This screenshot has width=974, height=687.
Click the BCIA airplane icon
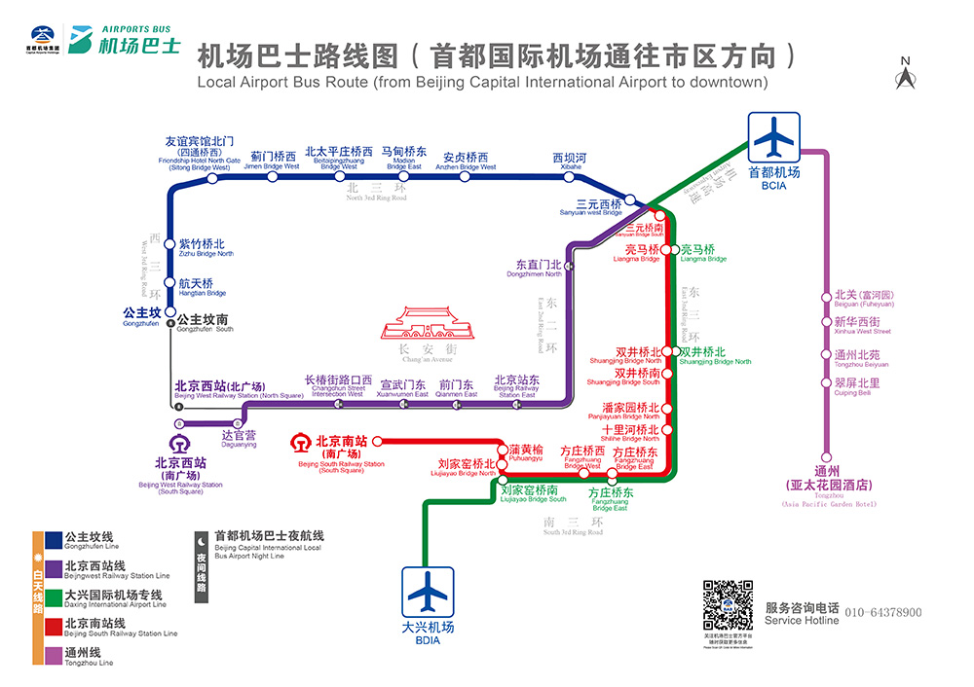pos(774,138)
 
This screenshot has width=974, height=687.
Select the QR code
pos(729,605)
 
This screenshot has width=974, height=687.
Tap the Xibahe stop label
pos(570,161)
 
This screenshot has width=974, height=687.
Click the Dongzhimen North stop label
pos(539,268)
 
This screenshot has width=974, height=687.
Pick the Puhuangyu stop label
pos(526,452)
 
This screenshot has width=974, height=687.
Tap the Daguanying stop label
pos(239,438)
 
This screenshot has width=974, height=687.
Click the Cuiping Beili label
pos(857,386)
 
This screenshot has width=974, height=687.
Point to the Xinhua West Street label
pos(857,325)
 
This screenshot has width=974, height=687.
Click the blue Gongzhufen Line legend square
pos(54,538)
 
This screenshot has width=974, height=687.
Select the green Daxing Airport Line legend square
pos(54,596)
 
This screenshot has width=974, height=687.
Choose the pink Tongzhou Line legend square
pos(54,653)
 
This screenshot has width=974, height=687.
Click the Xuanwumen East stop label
pos(403,386)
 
